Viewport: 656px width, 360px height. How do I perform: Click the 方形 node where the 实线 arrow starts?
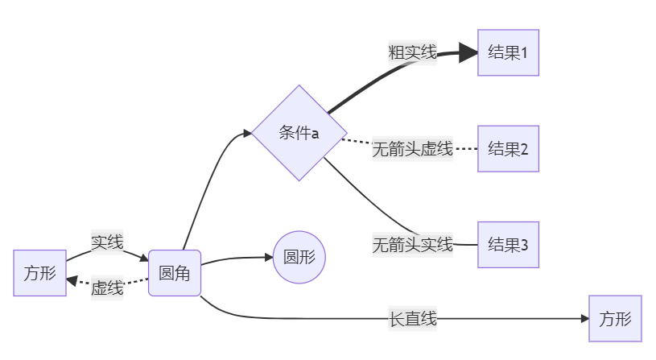pyautogui.click(x=39, y=273)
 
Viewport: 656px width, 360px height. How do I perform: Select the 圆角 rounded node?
pyautogui.click(x=174, y=273)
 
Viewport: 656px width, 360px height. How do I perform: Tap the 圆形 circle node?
pyautogui.click(x=299, y=258)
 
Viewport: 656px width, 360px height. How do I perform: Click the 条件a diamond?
pyautogui.click(x=299, y=133)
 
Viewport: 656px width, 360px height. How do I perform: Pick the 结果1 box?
pyautogui.click(x=508, y=53)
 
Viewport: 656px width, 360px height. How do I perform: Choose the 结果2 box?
pyautogui.click(x=508, y=149)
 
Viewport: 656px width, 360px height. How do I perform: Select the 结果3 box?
pyautogui.click(x=508, y=244)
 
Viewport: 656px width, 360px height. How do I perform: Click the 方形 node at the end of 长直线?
pyautogui.click(x=616, y=319)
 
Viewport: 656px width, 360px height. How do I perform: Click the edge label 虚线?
pyautogui.click(x=107, y=288)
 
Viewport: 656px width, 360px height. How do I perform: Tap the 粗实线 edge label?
pyautogui.click(x=412, y=53)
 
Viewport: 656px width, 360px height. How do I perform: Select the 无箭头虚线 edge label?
pyautogui.click(x=412, y=149)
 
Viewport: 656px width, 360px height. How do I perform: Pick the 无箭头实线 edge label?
pyautogui.click(x=412, y=244)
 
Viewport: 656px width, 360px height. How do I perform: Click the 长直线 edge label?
pyautogui.click(x=412, y=319)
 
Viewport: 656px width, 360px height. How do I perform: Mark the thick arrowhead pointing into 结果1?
pyautogui.click(x=469, y=54)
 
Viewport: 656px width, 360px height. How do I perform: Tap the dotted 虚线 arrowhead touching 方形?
pyautogui.click(x=72, y=281)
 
